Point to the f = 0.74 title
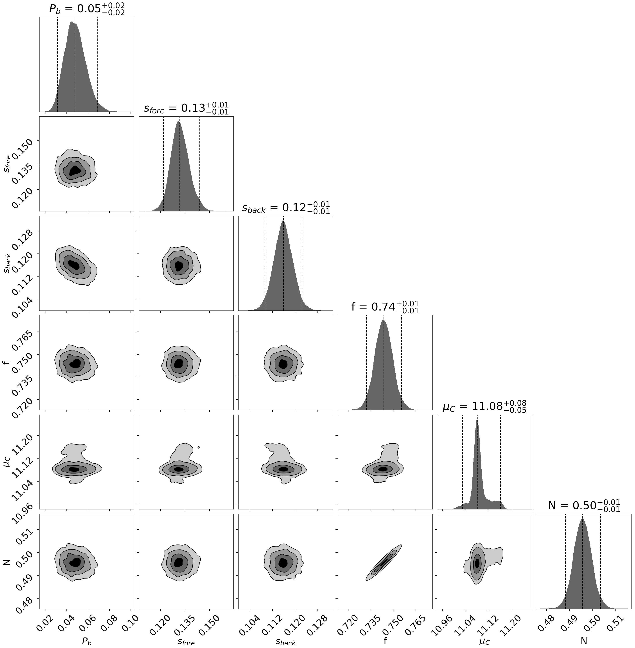pos(385,307)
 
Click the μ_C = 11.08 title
pos(484,407)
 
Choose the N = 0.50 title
pos(584,506)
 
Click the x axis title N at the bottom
pos(584,641)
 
